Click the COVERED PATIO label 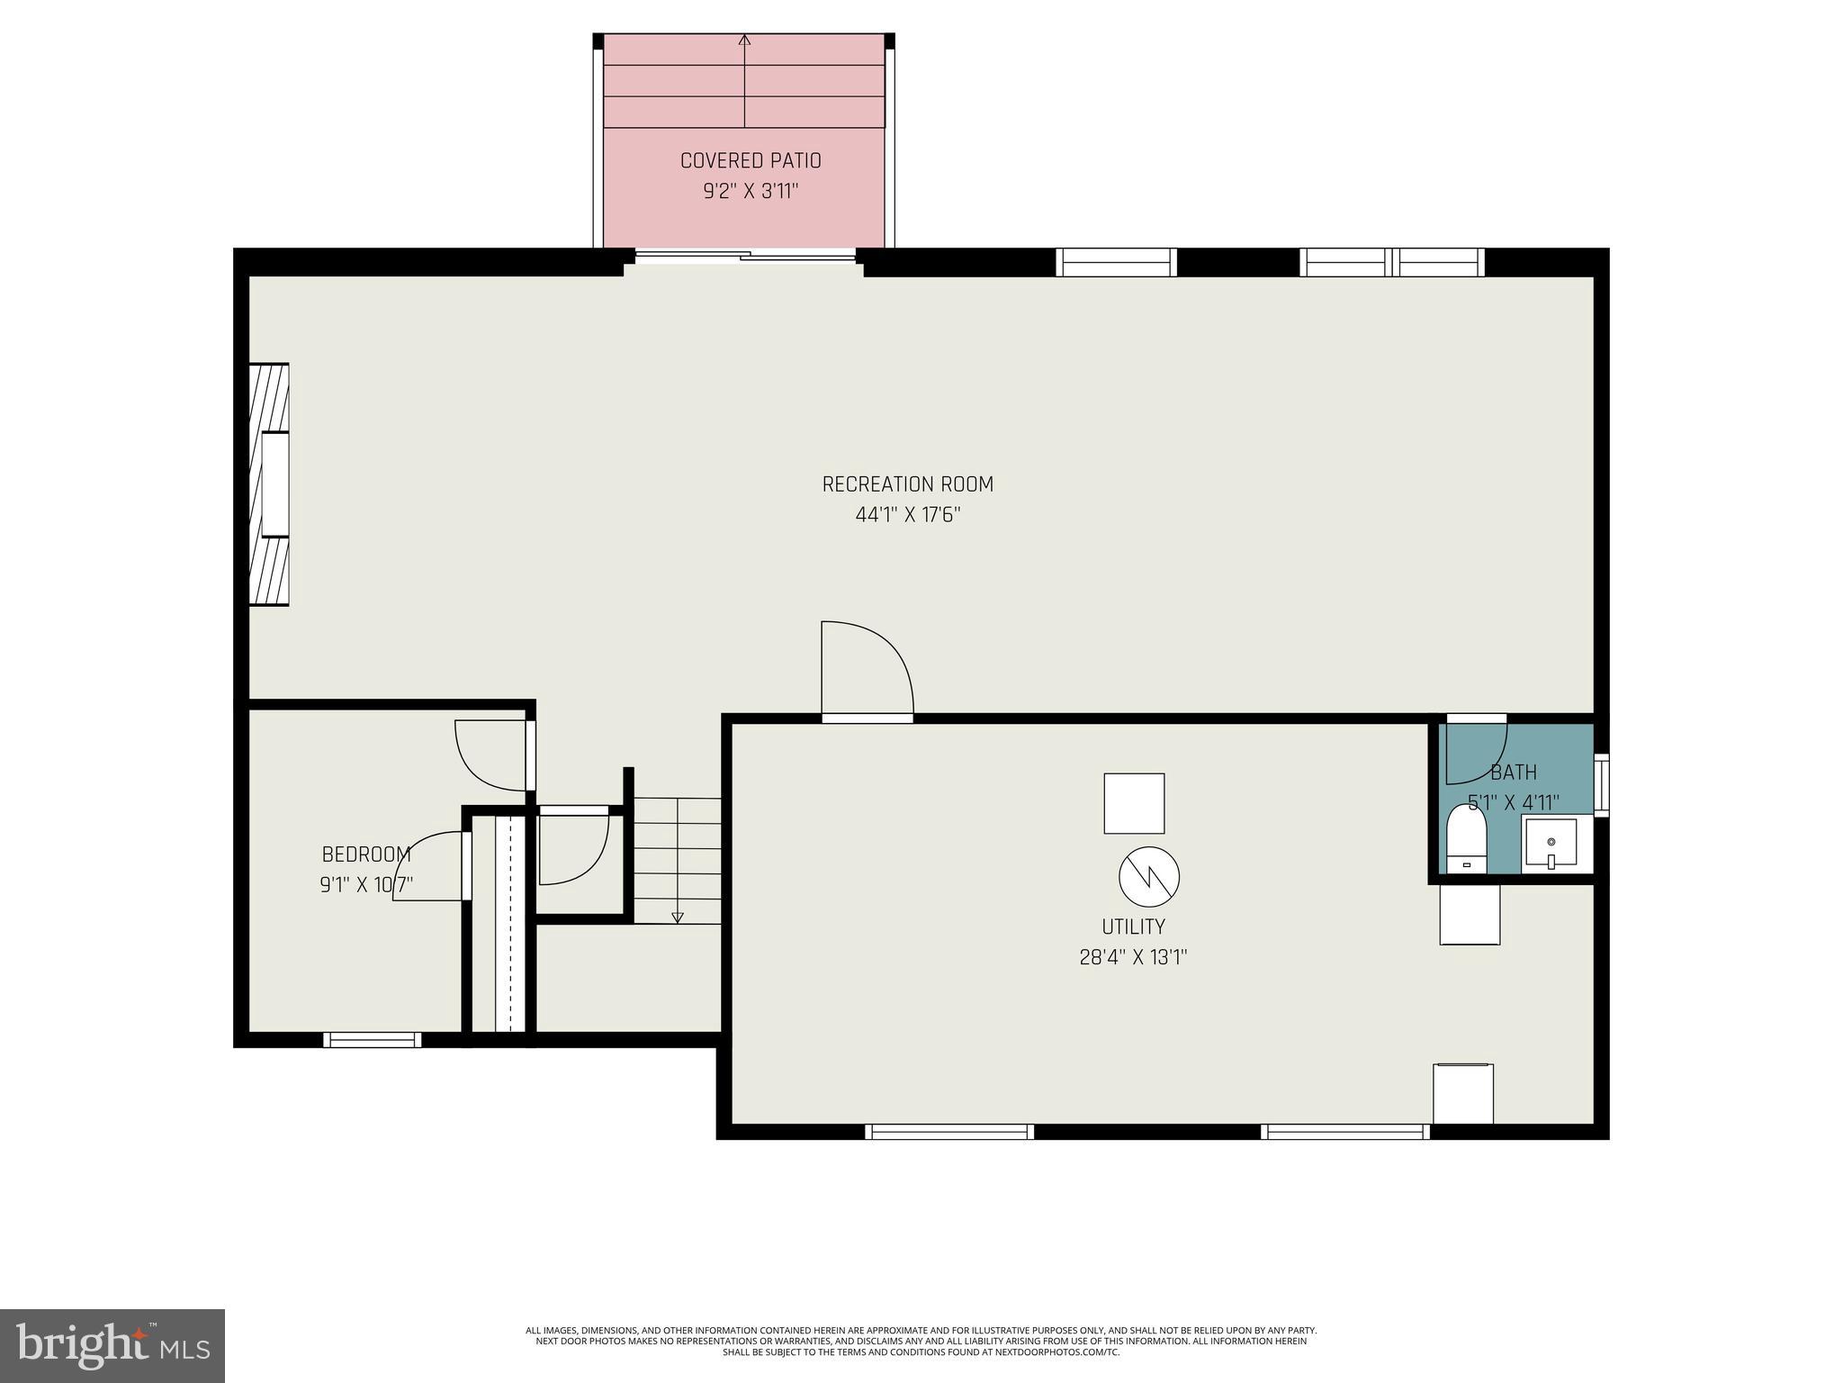(x=751, y=161)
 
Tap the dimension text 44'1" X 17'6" (x=908, y=515)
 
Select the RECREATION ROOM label (x=907, y=484)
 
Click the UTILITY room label (x=1133, y=927)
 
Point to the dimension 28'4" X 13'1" (x=1133, y=957)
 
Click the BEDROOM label (x=366, y=854)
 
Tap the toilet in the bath (x=1466, y=839)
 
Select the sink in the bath (x=1551, y=845)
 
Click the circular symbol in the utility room (x=1149, y=877)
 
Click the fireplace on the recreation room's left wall (x=269, y=484)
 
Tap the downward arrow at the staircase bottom (x=678, y=917)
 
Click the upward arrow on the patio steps (x=744, y=41)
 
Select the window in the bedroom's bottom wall (x=372, y=1040)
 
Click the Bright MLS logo (x=112, y=1345)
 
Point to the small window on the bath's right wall (x=1600, y=784)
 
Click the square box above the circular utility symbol (x=1134, y=803)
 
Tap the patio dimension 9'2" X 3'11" (x=751, y=192)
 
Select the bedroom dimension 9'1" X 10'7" (x=366, y=885)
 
